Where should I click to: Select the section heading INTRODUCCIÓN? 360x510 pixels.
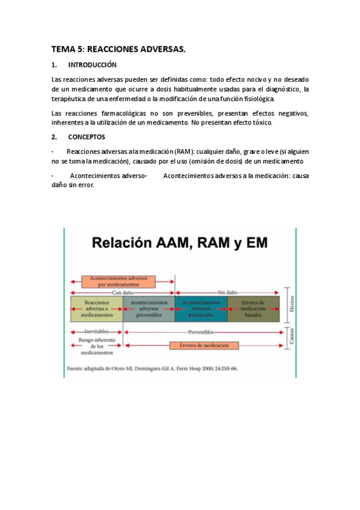[x=92, y=65]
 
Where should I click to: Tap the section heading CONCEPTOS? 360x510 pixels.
[x=87, y=137]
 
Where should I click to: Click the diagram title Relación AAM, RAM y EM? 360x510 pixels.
[x=180, y=244]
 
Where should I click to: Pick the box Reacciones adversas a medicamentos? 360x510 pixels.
[x=97, y=309]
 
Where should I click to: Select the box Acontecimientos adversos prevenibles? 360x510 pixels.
[x=148, y=309]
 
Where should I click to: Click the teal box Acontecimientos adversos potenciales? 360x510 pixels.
[x=201, y=309]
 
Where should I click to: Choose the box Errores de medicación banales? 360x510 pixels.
[x=253, y=309]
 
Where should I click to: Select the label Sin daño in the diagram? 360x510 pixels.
[x=227, y=292]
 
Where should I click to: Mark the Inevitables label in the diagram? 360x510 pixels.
[x=97, y=331]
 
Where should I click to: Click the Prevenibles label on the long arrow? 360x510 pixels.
[x=201, y=331]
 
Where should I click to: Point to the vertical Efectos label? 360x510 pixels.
[x=291, y=303]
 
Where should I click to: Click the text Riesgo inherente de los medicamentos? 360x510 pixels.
[x=97, y=346]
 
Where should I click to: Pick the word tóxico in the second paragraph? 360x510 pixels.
[x=261, y=123]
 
